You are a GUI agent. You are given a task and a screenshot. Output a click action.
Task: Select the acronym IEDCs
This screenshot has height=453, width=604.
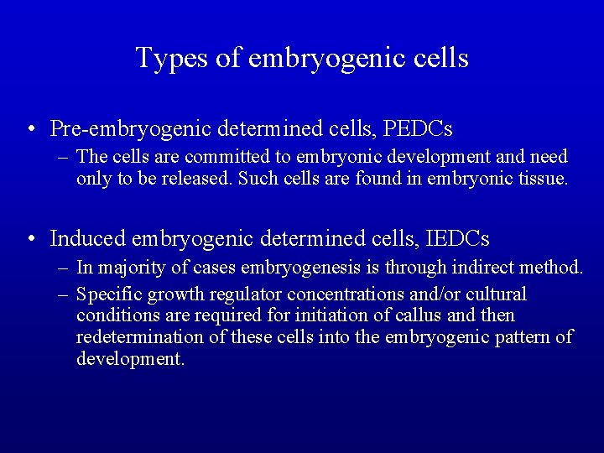(458, 239)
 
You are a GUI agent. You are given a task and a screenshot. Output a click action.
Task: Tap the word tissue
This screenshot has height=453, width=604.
(542, 179)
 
